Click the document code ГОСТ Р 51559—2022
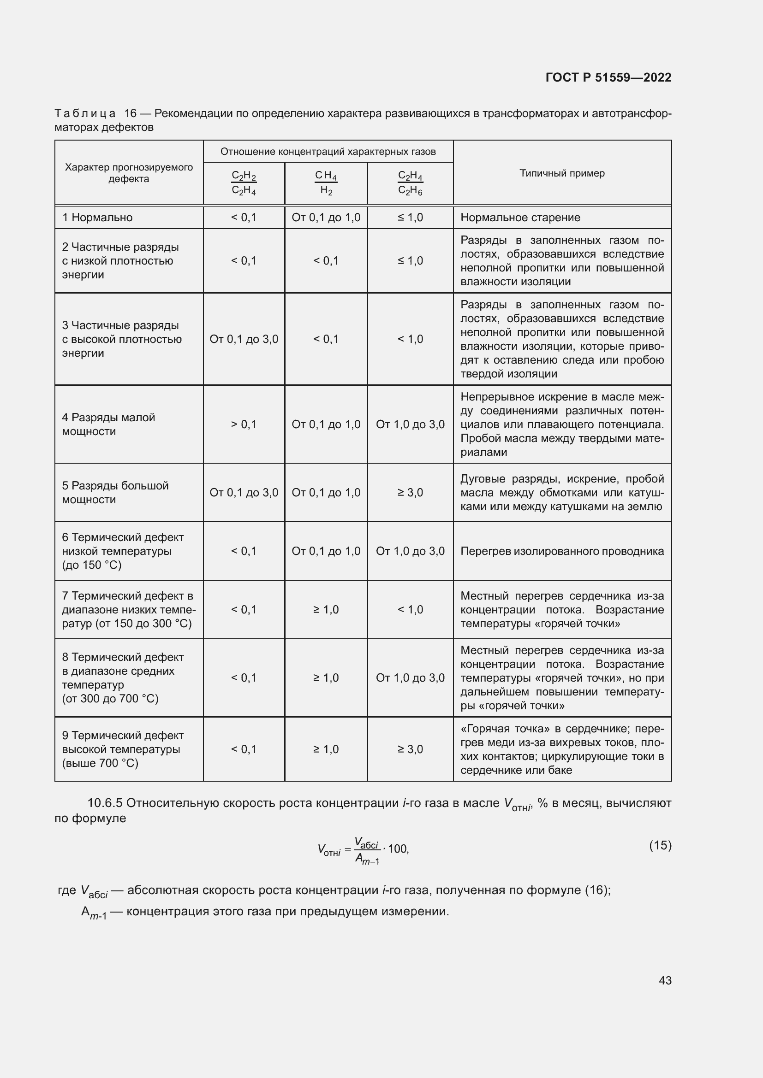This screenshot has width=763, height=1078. click(608, 77)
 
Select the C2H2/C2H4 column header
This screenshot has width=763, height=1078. click(244, 183)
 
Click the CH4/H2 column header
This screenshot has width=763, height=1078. click(326, 183)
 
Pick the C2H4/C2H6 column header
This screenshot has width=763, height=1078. click(410, 183)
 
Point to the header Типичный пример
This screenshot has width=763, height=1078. click(562, 173)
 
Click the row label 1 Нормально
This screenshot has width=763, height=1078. click(97, 218)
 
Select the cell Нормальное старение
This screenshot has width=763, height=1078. click(520, 218)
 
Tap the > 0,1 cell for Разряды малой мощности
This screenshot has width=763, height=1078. click(244, 424)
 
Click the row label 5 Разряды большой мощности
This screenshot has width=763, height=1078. click(115, 493)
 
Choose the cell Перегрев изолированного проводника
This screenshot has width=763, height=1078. click(562, 551)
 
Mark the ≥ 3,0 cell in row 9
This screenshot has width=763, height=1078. click(410, 749)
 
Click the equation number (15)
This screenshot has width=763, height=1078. click(660, 845)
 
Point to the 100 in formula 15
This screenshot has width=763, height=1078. click(398, 849)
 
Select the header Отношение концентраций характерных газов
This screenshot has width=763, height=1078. click(328, 152)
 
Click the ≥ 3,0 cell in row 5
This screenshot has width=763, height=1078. click(410, 493)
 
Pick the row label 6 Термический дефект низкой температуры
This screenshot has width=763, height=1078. click(123, 551)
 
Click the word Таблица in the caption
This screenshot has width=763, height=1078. click(85, 114)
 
